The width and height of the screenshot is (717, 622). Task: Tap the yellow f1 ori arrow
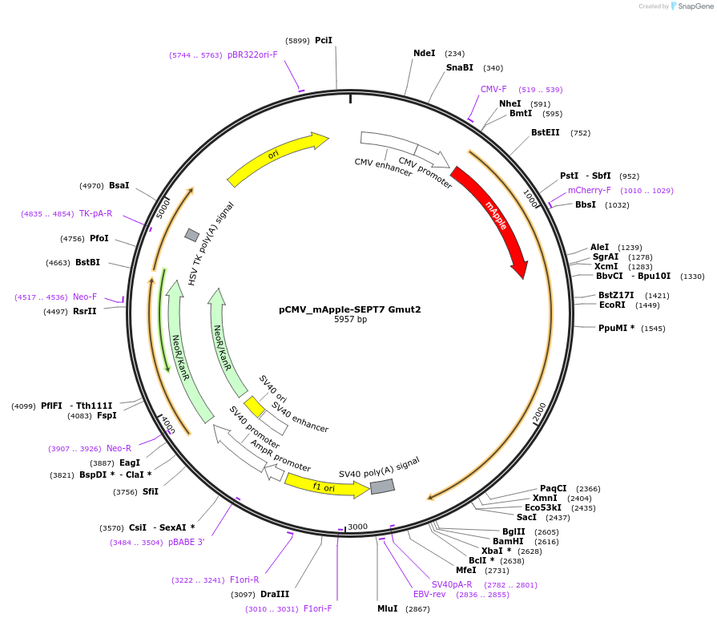[x=325, y=486]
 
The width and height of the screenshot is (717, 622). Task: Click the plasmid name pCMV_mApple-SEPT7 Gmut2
[x=350, y=309]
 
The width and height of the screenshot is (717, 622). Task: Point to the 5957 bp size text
[x=350, y=319]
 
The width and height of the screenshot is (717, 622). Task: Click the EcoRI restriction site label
[x=612, y=305]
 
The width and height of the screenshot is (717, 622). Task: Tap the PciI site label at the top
[x=324, y=40]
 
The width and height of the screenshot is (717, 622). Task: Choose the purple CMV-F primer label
[x=493, y=90]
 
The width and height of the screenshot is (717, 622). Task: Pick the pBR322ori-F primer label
[x=252, y=55]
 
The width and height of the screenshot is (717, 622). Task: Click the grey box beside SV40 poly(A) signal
[x=382, y=487]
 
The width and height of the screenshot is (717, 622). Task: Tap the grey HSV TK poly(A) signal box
[x=192, y=235]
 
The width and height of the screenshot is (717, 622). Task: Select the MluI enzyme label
[x=387, y=609]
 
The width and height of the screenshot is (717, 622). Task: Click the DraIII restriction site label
[x=275, y=595]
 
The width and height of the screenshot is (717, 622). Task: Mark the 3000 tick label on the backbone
[x=357, y=527]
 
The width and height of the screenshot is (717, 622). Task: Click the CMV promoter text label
[x=425, y=173]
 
